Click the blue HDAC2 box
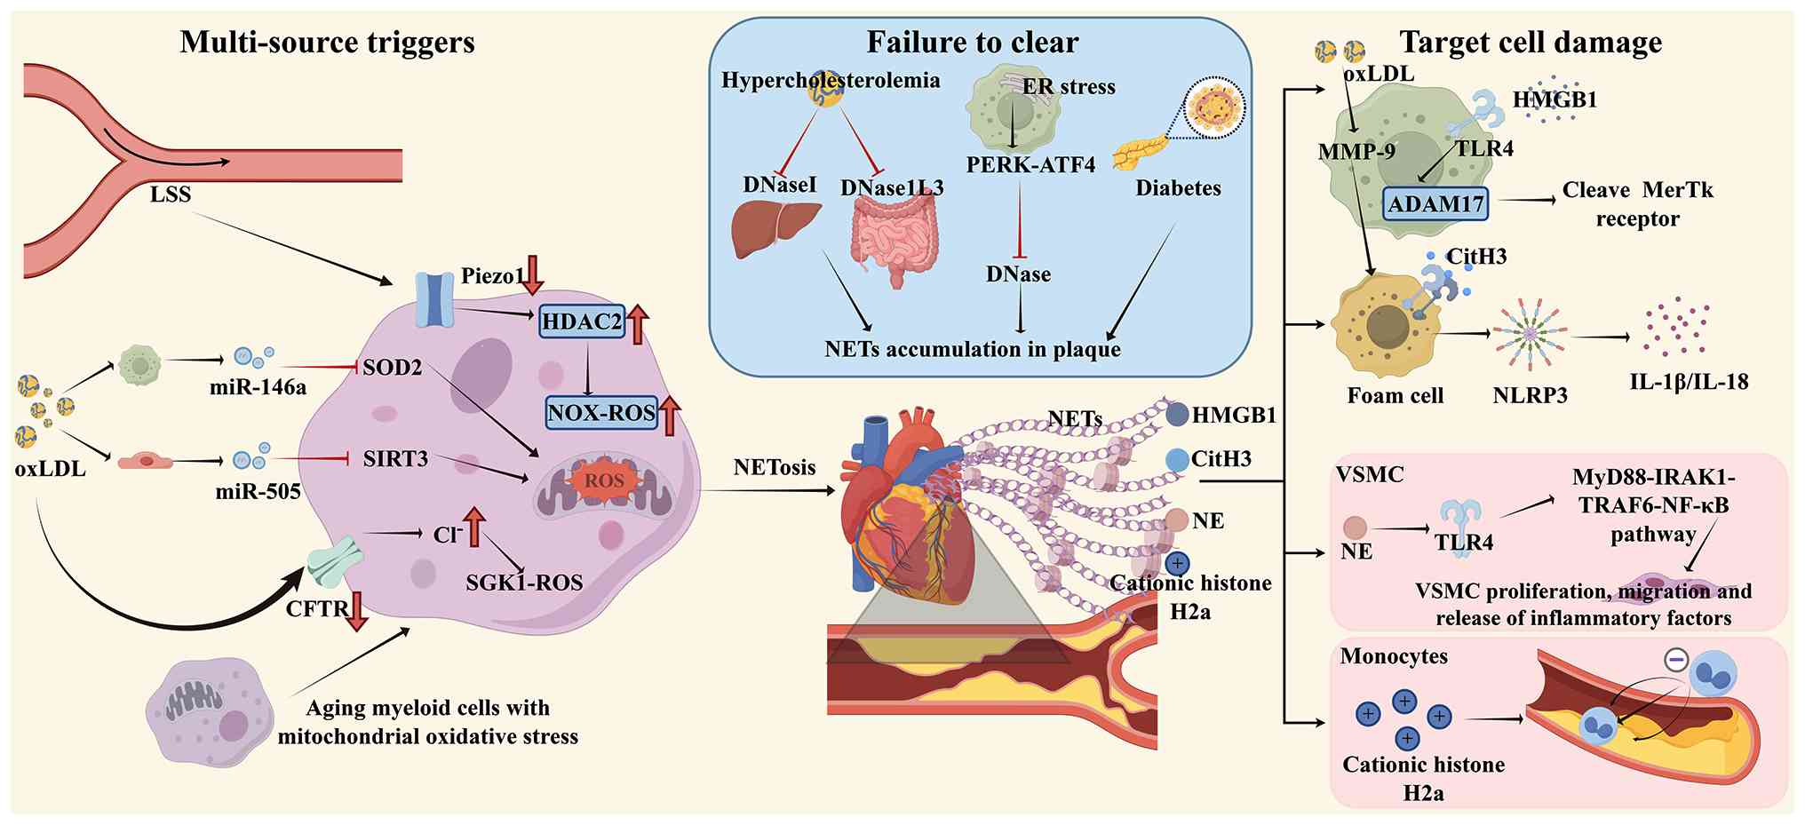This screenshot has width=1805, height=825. point(582,321)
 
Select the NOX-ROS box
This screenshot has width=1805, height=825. point(601,412)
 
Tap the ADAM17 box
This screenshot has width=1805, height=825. point(1435,203)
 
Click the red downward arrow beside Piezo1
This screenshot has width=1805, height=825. point(532,274)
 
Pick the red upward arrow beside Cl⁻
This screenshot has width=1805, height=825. point(473,526)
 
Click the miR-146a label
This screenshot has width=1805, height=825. point(258,386)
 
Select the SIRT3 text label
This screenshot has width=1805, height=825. point(395,459)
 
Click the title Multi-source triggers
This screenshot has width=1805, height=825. point(327,42)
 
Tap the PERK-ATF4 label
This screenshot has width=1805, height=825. point(1030,164)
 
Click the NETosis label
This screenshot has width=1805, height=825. point(775,467)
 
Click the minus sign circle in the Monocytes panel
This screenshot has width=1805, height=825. point(1675,660)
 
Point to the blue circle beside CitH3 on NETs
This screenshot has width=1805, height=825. point(1177,460)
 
